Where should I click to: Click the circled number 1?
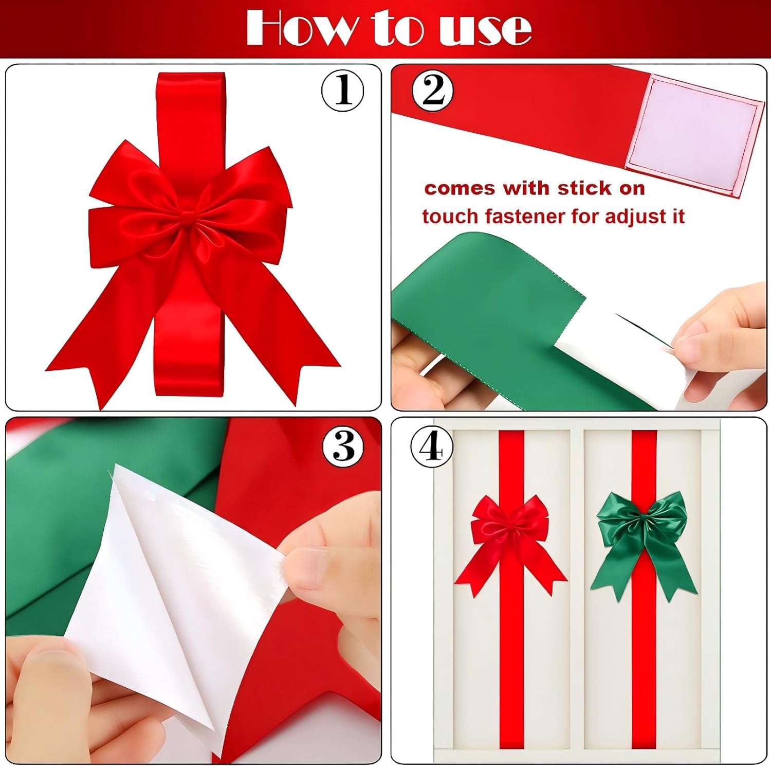click(x=343, y=91)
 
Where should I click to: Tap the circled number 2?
click(x=433, y=91)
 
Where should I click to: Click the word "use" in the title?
click(x=485, y=29)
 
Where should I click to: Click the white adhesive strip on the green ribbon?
click(x=612, y=355)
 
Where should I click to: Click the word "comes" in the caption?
click(x=460, y=189)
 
